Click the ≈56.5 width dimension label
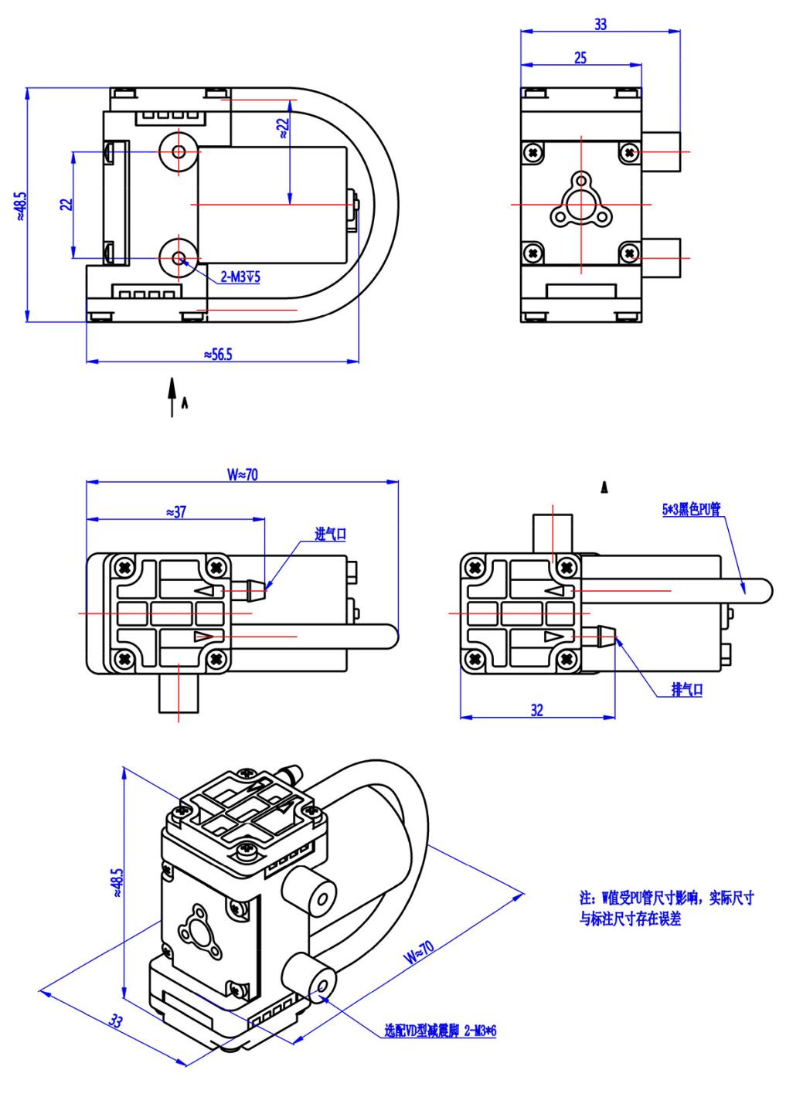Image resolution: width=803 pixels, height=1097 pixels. (x=219, y=354)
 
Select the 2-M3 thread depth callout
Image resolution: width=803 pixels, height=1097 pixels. (x=240, y=277)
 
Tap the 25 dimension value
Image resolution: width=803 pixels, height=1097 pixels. (x=580, y=57)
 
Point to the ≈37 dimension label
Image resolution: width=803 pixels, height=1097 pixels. (x=175, y=511)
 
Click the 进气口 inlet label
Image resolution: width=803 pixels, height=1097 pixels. (x=330, y=534)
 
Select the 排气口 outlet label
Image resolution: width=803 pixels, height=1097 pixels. (x=687, y=690)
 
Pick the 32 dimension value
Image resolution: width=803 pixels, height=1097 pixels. (x=537, y=710)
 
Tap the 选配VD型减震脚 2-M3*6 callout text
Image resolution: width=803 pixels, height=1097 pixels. (x=440, y=1031)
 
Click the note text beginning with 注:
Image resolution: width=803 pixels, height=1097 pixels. (x=666, y=908)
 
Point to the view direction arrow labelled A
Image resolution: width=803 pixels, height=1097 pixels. (x=172, y=396)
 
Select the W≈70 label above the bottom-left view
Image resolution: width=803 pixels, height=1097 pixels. (x=243, y=474)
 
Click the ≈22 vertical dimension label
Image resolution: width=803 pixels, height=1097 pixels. (x=283, y=128)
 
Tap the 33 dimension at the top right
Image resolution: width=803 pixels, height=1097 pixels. (x=601, y=24)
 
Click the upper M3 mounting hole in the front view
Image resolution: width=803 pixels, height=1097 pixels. (x=179, y=151)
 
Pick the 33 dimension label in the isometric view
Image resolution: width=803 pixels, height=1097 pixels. (x=115, y=1021)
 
